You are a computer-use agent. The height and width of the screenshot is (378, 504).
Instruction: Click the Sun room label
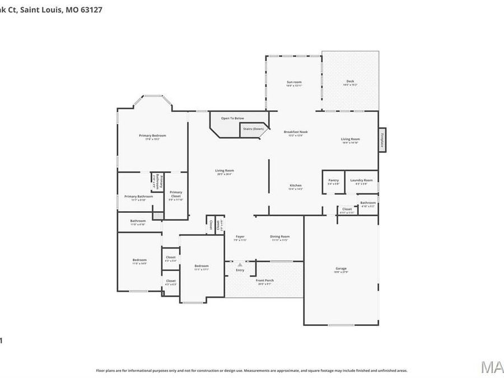tap(294, 82)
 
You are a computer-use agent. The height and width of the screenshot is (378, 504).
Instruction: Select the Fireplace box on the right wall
tap(382, 139)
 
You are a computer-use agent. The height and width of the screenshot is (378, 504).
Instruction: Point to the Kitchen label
tap(295, 185)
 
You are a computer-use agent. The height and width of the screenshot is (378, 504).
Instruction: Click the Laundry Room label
tap(361, 180)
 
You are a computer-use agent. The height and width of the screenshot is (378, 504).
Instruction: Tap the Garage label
tap(341, 269)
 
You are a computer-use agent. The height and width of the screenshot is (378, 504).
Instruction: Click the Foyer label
tap(240, 237)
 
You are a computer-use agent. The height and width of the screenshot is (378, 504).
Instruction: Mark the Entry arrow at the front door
tap(240, 264)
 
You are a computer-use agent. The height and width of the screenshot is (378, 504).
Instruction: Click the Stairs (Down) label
tap(253, 129)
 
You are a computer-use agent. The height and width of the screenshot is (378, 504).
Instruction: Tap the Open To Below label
tap(232, 118)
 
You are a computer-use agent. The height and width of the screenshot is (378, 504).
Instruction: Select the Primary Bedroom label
tap(152, 136)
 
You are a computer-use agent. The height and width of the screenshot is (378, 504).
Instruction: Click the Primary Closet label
tap(176, 194)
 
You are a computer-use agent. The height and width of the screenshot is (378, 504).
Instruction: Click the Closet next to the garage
tap(347, 209)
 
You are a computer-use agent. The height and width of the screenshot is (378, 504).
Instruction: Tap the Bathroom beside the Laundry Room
tap(368, 203)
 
